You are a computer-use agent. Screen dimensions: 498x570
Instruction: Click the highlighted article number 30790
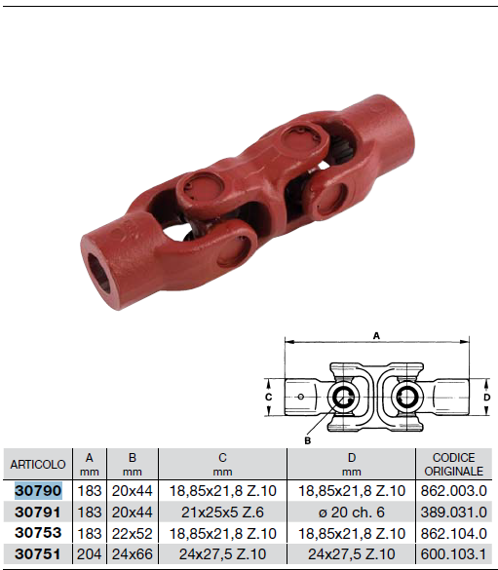[38, 491]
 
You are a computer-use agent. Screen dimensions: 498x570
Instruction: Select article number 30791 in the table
[38, 513]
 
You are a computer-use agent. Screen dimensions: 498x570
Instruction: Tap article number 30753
[38, 533]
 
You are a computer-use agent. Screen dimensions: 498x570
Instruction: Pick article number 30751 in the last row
[38, 554]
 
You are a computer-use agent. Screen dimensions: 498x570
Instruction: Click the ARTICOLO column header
[38, 464]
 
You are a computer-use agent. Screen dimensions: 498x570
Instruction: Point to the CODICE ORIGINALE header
[453, 464]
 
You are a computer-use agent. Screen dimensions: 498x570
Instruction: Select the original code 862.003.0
[453, 491]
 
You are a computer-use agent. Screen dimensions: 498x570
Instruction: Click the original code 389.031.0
[453, 513]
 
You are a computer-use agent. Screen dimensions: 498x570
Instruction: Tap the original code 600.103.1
[453, 554]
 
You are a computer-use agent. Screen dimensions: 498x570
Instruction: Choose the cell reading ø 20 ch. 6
[352, 513]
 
